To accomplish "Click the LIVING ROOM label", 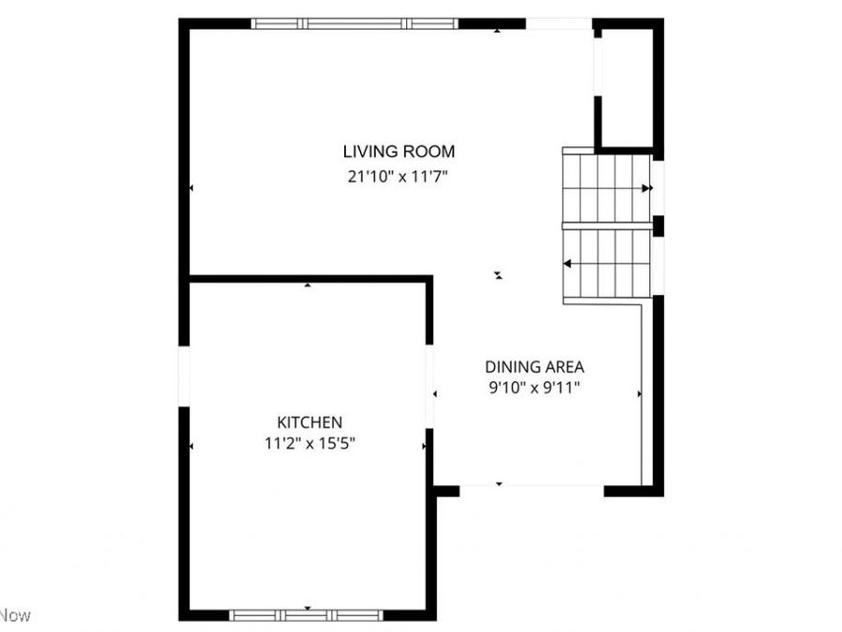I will click(399, 151).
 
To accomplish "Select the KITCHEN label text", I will click(309, 422).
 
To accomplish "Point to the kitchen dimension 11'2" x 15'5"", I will click(309, 444).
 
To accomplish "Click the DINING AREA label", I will click(534, 367).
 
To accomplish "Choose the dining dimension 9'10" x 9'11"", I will click(534, 389).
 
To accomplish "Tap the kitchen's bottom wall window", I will click(307, 615).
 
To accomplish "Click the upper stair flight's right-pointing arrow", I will click(646, 188).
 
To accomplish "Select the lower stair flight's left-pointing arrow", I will click(568, 265).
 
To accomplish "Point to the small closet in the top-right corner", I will click(626, 86).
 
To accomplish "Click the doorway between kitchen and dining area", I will click(430, 387).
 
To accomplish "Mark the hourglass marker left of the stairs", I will click(499, 275).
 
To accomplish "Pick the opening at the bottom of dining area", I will click(530, 487).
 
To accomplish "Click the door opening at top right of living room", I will click(559, 23).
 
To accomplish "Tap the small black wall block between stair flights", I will click(658, 226).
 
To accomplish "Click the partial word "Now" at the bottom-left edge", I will click(15, 615).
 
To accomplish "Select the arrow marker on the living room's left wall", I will click(191, 188).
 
